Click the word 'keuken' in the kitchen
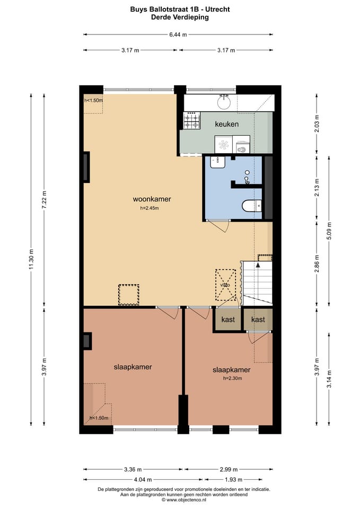point(226,124)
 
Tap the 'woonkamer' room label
point(152,199)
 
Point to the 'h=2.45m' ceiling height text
point(150,208)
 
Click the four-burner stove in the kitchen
point(191,120)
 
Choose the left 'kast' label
point(228,320)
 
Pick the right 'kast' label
point(258,320)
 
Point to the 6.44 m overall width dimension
point(178,34)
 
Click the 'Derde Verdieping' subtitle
point(180,17)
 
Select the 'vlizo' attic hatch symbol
point(225,285)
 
